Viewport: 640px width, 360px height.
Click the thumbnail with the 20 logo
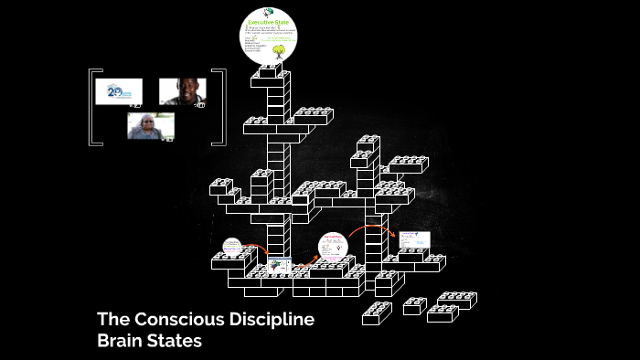[x=118, y=92]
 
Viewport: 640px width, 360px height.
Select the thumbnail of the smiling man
[x=182, y=91]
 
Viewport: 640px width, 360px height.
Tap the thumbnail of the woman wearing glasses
[x=150, y=125]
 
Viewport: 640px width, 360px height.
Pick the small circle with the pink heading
[x=333, y=247]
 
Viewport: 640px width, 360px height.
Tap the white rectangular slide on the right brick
[x=413, y=240]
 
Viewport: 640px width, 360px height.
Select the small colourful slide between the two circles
[x=279, y=265]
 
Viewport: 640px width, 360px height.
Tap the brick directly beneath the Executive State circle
[x=270, y=71]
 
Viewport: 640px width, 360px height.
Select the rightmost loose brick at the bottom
[x=457, y=300]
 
